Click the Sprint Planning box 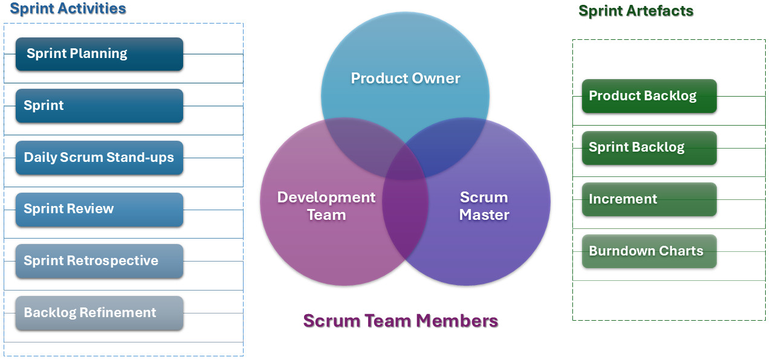tap(99, 54)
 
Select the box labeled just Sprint tap(99, 106)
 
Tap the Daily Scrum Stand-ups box tap(99, 158)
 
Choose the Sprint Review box tap(99, 210)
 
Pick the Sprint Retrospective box tap(99, 261)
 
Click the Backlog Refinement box tap(99, 313)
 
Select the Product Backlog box tap(649, 96)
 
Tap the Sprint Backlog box tap(649, 148)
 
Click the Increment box tap(649, 199)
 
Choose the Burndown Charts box tap(649, 251)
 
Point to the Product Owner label tap(406, 78)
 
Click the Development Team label tap(326, 206)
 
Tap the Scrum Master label tap(484, 206)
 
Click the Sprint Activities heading tap(68, 8)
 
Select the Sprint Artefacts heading tap(636, 10)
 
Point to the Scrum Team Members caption tap(400, 320)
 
